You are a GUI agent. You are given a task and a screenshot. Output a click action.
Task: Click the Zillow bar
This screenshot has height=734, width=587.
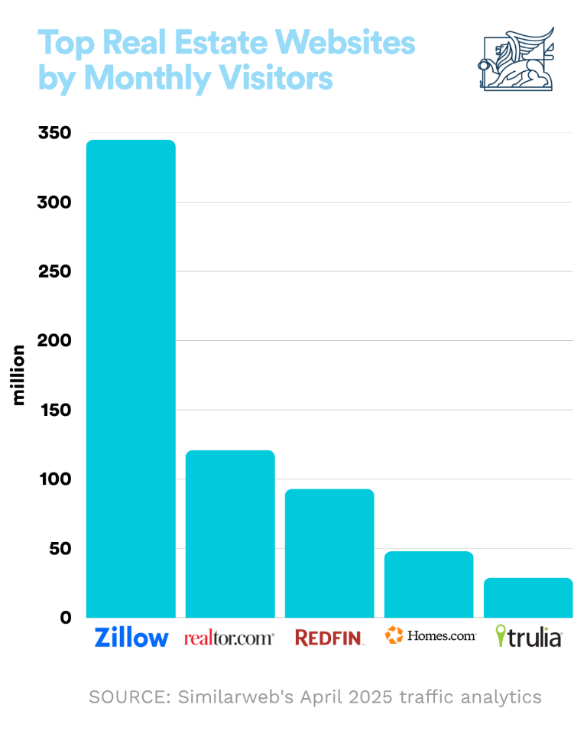pyautogui.click(x=131, y=378)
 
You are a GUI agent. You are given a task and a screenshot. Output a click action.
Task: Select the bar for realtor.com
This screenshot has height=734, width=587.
pyautogui.click(x=230, y=534)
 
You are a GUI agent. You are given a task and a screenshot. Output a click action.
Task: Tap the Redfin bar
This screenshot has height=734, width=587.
pyautogui.click(x=329, y=553)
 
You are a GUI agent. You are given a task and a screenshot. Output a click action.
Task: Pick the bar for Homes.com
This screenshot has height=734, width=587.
pyautogui.click(x=429, y=584)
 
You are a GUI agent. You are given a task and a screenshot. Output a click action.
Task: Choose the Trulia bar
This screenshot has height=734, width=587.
pyautogui.click(x=528, y=597)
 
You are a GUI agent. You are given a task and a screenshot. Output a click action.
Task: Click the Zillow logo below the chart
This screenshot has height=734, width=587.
pyautogui.click(x=131, y=637)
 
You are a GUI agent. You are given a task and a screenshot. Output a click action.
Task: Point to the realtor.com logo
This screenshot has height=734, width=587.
pyautogui.click(x=229, y=638)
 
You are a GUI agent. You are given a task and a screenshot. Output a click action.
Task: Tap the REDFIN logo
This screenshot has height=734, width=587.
pyautogui.click(x=329, y=638)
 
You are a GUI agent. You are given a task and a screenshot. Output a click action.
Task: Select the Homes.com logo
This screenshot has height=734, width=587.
pyautogui.click(x=430, y=635)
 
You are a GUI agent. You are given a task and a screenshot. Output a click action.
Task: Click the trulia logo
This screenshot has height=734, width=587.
pyautogui.click(x=529, y=636)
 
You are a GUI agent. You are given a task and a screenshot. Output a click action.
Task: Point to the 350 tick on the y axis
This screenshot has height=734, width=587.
pyautogui.click(x=54, y=134)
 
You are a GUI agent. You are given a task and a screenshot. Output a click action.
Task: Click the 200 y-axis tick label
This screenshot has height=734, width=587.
pyautogui.click(x=54, y=341)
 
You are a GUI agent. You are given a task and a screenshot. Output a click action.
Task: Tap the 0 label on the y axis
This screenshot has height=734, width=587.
pyautogui.click(x=66, y=618)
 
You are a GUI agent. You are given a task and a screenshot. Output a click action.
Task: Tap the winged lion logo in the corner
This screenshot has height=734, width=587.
pyautogui.click(x=514, y=59)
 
